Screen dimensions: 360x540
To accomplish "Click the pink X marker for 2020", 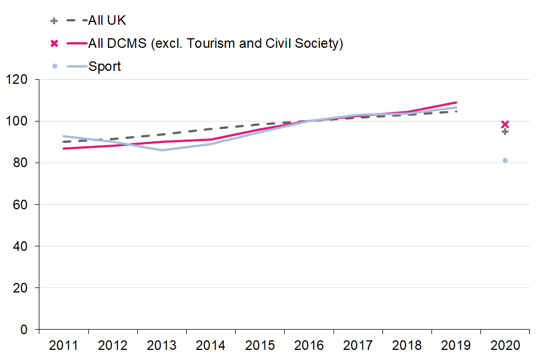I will [505, 124].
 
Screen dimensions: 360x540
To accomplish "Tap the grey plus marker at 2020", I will [505, 132].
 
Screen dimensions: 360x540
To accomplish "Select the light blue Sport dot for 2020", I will [505, 160].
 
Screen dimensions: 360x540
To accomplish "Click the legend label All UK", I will [107, 21].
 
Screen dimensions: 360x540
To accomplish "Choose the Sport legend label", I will [105, 66].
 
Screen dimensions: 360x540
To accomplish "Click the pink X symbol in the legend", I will [55, 43].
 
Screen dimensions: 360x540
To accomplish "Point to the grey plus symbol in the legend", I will [55, 21].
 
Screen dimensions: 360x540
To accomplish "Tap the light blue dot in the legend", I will [55, 66].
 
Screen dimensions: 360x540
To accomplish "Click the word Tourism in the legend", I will [206, 43].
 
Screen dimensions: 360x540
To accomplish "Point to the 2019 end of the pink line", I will [456, 102].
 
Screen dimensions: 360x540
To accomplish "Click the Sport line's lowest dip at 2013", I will [161, 150].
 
